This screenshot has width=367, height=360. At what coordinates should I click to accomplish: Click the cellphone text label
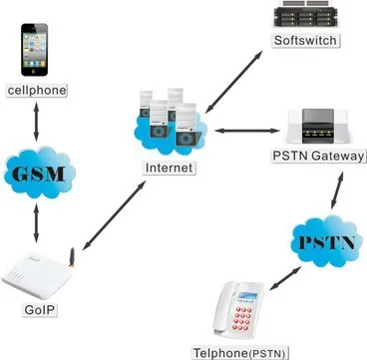point(37,90)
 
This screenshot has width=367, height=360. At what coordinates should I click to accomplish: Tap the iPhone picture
point(35,50)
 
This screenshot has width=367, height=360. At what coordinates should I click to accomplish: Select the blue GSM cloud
point(40,173)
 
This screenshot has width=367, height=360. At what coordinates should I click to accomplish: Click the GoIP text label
point(41,310)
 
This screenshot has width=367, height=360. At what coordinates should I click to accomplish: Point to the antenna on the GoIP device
point(71,257)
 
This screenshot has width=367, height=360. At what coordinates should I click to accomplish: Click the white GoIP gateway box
point(37,275)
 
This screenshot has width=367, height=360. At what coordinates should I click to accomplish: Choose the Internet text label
point(170,168)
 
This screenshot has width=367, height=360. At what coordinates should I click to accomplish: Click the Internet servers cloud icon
point(171,123)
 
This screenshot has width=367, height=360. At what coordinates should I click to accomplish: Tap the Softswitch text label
point(305,40)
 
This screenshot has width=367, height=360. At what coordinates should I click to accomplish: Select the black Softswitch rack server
point(305,14)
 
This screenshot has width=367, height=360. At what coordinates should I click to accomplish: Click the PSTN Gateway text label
point(318,156)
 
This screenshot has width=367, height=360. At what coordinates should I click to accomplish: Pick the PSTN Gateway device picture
point(318,126)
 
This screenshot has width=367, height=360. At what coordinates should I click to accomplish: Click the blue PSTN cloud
point(326,241)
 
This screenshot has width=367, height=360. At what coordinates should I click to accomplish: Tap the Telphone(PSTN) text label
point(241,353)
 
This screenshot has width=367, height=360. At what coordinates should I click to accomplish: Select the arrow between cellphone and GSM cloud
point(36,121)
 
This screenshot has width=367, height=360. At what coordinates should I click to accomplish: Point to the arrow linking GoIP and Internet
point(115,215)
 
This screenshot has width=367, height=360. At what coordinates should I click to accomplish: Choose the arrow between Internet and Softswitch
point(234,82)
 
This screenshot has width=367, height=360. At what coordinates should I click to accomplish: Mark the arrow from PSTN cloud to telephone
point(285,278)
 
